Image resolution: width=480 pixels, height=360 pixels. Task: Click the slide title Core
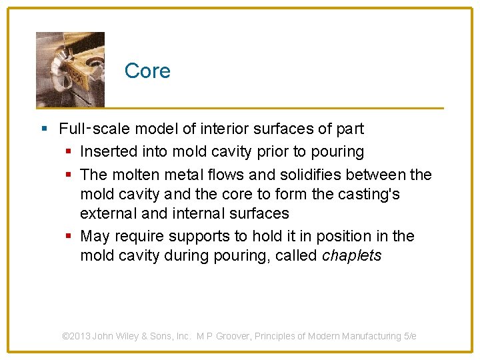coord(147,71)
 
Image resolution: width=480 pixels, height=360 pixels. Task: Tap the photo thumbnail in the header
coord(70,69)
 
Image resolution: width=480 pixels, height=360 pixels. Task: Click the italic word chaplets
coord(351,256)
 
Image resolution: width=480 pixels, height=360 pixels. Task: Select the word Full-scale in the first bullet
coord(88,129)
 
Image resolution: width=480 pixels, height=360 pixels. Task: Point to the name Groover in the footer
coord(237,337)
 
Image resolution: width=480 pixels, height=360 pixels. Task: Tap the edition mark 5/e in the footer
coord(410,337)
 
